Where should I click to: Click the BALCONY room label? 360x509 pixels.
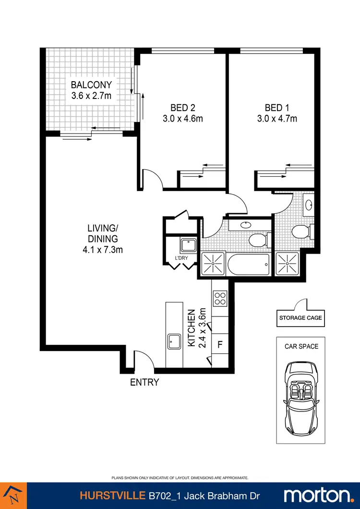pos(91,85)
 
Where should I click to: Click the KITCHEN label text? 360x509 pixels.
pos(191,328)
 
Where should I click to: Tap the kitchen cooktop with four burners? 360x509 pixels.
pos(220,299)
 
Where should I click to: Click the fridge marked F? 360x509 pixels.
pos(220,344)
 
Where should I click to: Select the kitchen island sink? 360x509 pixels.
pos(174,342)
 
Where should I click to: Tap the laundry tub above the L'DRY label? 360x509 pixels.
pos(188,245)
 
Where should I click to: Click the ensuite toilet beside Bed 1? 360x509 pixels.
pos(301,232)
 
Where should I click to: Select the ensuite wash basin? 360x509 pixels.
pos(308,205)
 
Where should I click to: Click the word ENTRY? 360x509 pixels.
pos(144,383)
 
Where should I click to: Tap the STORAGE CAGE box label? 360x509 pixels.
pos(300,318)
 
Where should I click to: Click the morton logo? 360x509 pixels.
pos(318,495)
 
